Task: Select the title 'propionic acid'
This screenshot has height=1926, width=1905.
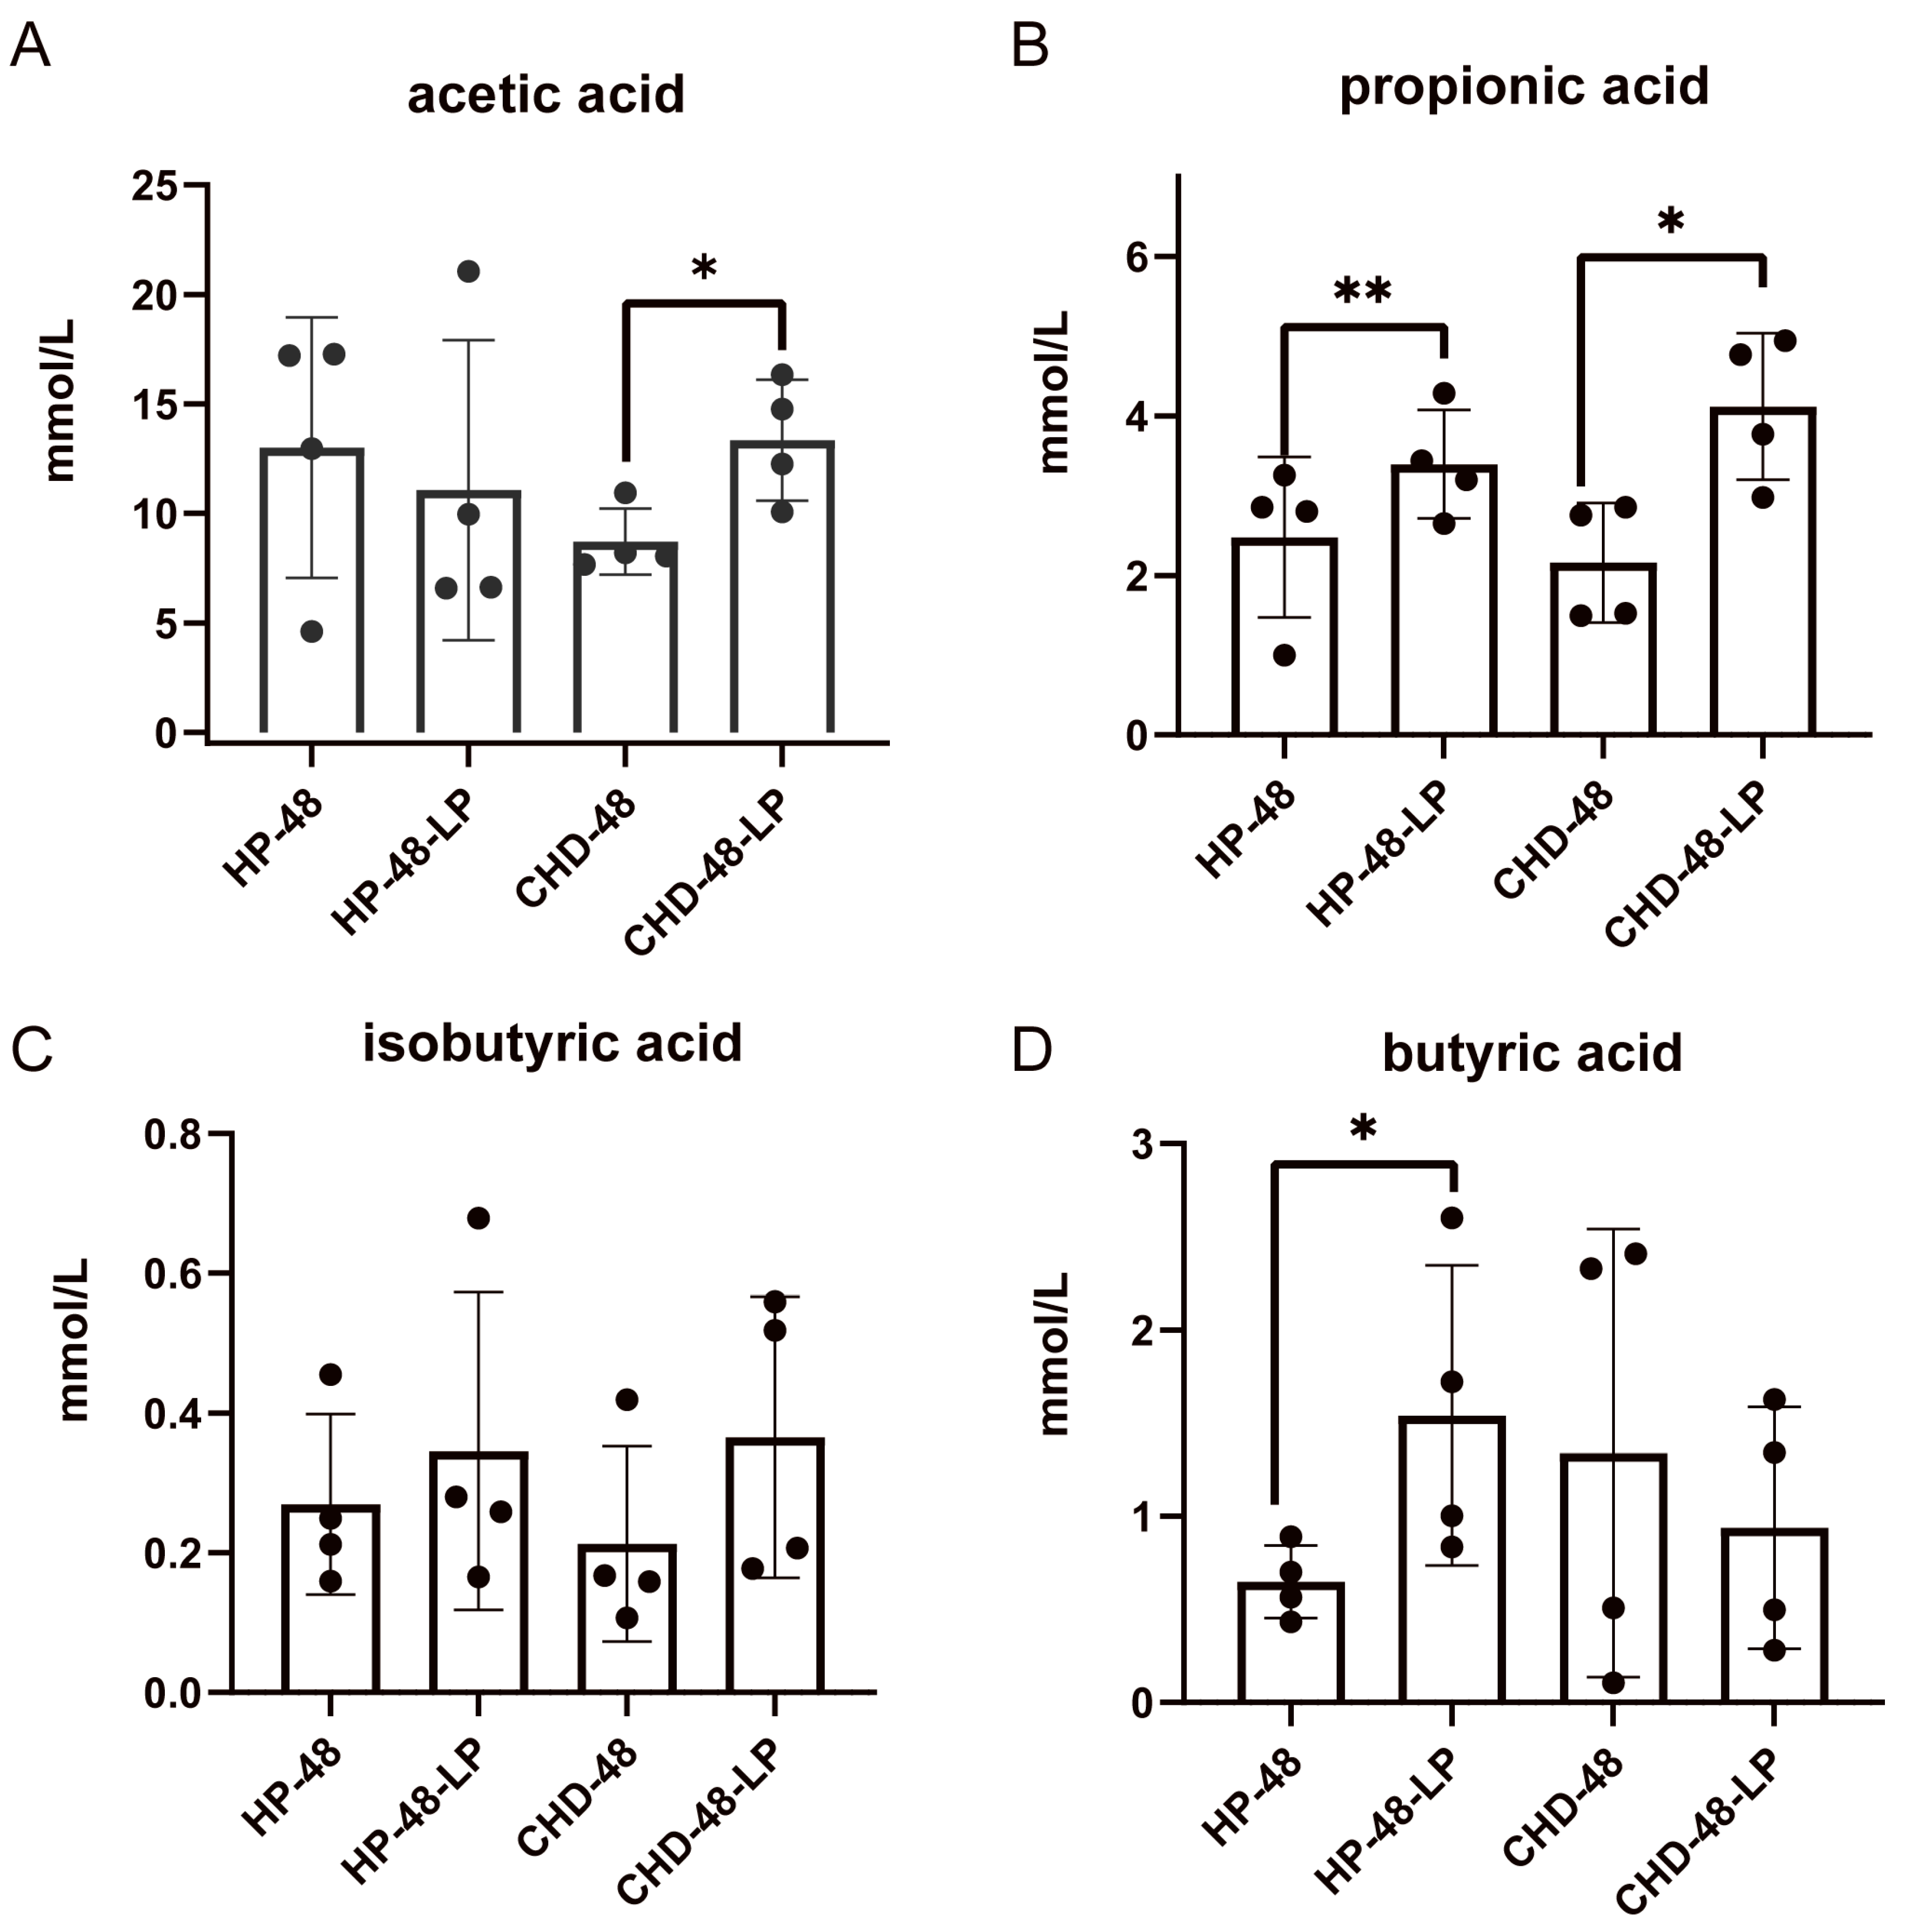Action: [x=1523, y=87]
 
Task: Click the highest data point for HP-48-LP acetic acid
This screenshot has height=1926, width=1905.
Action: [x=469, y=271]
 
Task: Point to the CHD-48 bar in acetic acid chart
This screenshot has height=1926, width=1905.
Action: [x=625, y=638]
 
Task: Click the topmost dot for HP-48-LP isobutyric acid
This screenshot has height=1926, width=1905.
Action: [x=478, y=1218]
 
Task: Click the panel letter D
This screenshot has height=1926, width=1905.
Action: [x=1032, y=1051]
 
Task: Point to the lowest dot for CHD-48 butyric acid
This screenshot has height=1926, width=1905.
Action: [x=1613, y=1683]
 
